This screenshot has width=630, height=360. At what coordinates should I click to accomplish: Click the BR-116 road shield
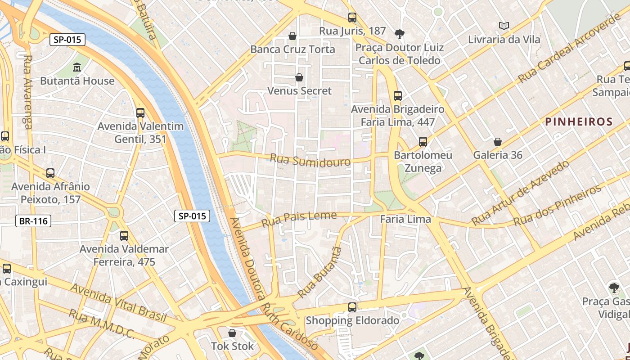(33, 221)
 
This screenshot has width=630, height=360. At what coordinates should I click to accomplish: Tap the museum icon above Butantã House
(77, 67)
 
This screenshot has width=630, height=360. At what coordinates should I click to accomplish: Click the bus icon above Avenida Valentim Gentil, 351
(140, 112)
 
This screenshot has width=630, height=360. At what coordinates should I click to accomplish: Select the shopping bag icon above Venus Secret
(299, 77)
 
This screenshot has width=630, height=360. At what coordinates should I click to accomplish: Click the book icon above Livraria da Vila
(504, 26)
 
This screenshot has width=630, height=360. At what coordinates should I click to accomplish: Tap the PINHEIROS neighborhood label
(579, 121)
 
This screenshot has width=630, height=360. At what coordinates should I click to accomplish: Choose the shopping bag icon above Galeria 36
(498, 142)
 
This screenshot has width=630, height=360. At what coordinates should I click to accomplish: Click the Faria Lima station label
(405, 219)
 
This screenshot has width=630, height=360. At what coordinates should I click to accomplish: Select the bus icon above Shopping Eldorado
(352, 307)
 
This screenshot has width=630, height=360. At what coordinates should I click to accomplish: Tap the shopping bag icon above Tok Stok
(232, 333)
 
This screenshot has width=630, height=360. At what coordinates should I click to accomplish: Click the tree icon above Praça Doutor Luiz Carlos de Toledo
(399, 34)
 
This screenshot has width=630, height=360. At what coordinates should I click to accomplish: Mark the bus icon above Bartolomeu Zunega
(423, 141)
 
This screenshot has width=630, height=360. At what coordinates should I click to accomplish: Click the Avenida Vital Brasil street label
(118, 302)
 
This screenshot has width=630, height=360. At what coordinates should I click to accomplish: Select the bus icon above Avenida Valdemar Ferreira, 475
(124, 235)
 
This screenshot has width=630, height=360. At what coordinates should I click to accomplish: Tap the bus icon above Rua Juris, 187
(352, 18)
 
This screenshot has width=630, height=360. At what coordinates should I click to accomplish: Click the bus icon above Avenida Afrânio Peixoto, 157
(50, 173)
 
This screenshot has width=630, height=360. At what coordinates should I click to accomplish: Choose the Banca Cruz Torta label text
(292, 49)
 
